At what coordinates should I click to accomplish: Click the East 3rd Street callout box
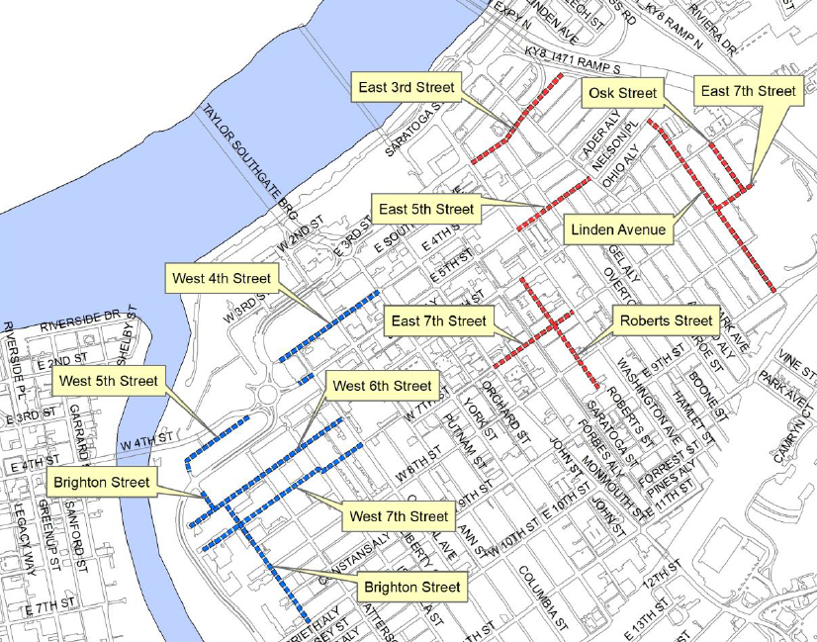tap(407, 88)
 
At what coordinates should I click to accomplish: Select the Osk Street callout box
tap(622, 94)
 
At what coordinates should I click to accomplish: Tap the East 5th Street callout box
tap(426, 209)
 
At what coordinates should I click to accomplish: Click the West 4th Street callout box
tap(220, 278)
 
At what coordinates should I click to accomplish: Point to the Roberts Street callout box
tap(665, 321)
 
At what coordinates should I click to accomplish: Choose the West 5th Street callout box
tap(109, 381)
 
